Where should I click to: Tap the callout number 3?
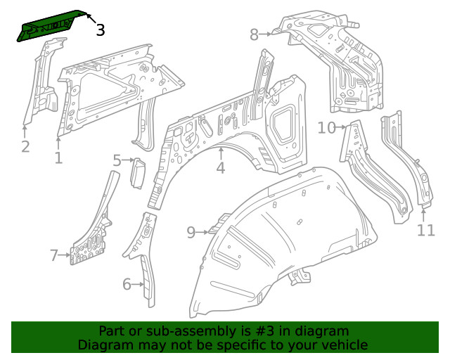pyautogui.click(x=100, y=30)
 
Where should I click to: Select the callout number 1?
pyautogui.click(x=58, y=158)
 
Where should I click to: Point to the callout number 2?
pyautogui.click(x=25, y=146)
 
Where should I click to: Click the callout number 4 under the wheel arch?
pyautogui.click(x=220, y=167)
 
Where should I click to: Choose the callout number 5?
pyautogui.click(x=117, y=161)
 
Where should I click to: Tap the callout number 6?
pyautogui.click(x=127, y=284)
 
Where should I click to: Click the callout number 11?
pyautogui.click(x=426, y=229)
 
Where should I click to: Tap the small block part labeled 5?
pyautogui.click(x=139, y=173)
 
